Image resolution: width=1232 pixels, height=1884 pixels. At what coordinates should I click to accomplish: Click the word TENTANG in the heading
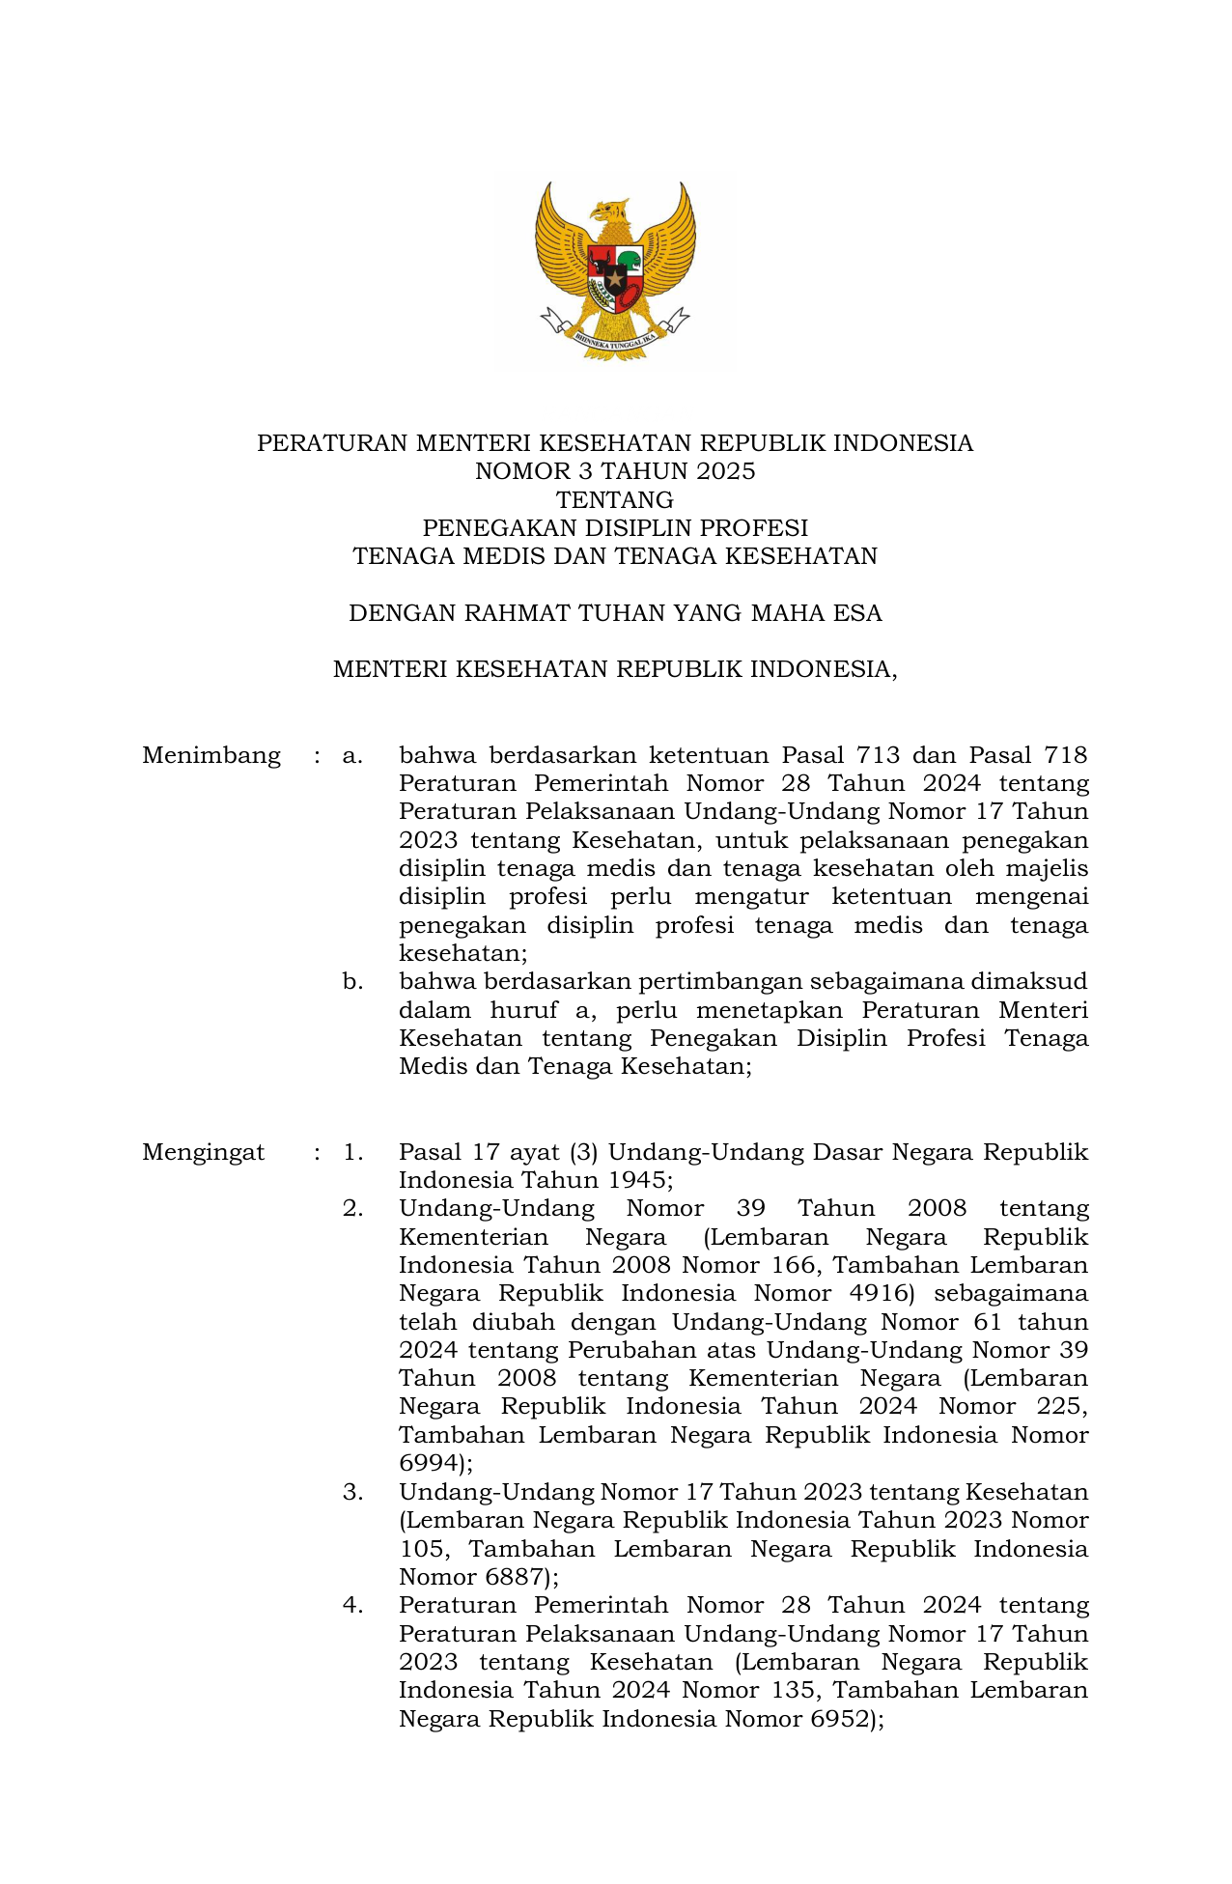point(615,500)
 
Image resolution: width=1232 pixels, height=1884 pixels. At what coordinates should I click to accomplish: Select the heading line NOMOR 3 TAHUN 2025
point(615,471)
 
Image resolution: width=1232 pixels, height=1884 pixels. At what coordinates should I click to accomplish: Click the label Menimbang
point(211,755)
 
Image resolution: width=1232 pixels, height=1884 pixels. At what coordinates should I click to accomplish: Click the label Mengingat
point(203,1152)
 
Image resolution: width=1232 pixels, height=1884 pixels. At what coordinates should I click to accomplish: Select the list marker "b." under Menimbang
point(352,982)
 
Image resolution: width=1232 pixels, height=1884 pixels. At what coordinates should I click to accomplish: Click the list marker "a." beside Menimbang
point(352,755)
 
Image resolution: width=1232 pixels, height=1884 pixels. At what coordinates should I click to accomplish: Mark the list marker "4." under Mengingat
point(352,1605)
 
